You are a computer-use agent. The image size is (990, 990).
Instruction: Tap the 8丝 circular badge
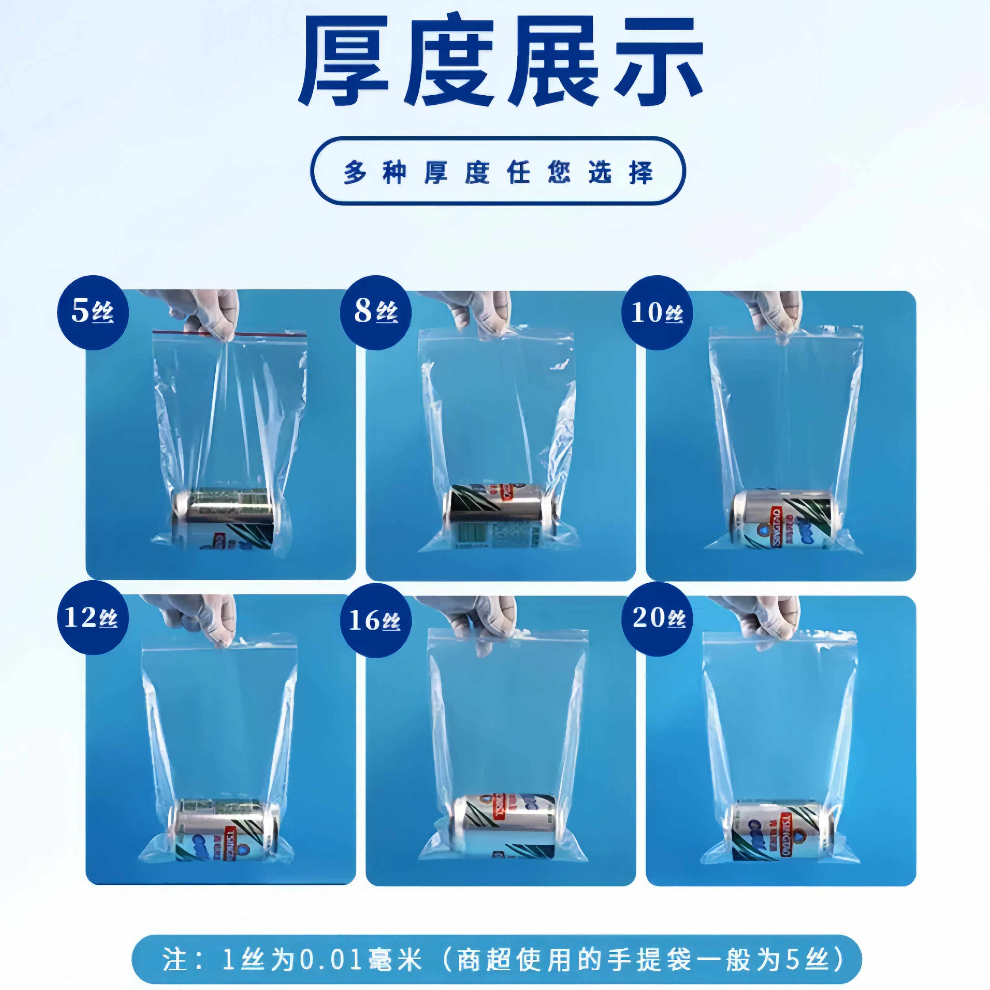(x=376, y=312)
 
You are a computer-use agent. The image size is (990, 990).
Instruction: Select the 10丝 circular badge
(x=657, y=312)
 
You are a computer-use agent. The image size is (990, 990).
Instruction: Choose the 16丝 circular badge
(x=376, y=620)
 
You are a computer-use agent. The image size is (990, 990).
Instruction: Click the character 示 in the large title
(x=658, y=62)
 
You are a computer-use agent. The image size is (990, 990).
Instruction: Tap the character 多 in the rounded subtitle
(x=355, y=172)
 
